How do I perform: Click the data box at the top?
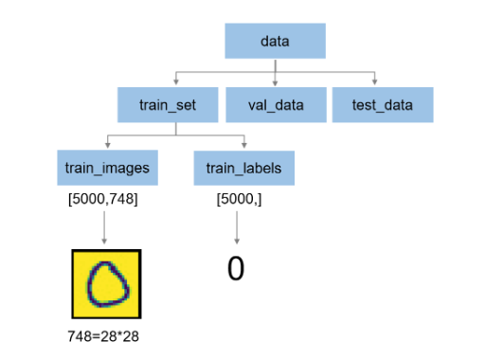click(275, 42)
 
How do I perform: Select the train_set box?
click(169, 104)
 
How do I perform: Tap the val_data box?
click(276, 104)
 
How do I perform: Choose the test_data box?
click(382, 104)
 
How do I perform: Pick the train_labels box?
click(243, 168)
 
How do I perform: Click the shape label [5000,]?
click(236, 199)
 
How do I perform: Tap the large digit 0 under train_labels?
click(236, 269)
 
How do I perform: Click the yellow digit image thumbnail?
click(106, 283)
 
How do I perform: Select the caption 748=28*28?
click(106, 335)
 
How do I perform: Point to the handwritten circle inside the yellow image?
click(106, 284)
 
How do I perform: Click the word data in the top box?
click(275, 42)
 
